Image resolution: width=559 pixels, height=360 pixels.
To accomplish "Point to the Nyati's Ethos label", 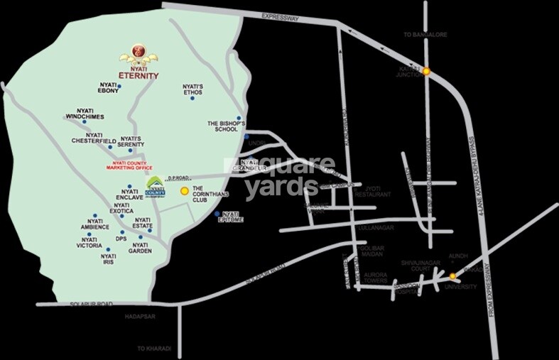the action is pyautogui.click(x=192, y=89).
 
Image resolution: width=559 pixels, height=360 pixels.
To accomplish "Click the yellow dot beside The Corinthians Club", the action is pyautogui.click(x=185, y=191).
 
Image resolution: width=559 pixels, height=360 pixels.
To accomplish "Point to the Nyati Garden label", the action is pyautogui.click(x=140, y=246).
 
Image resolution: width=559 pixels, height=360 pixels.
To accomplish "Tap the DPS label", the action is pyautogui.click(x=120, y=239).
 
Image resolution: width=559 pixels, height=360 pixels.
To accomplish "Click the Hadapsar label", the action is pyautogui.click(x=139, y=315).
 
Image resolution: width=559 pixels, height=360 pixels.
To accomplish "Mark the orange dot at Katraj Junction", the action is pyautogui.click(x=426, y=71).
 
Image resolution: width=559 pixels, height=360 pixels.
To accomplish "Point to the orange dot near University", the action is pyautogui.click(x=452, y=276).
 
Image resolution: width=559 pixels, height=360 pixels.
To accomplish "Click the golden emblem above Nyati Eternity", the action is pyautogui.click(x=139, y=54).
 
